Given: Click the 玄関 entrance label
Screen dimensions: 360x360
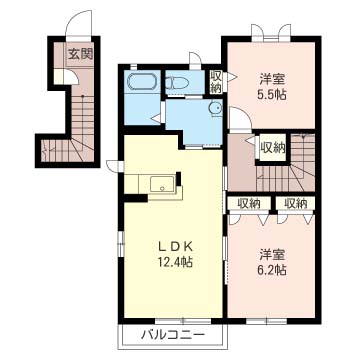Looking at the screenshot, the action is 80,53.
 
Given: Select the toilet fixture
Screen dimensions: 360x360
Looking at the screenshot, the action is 177,83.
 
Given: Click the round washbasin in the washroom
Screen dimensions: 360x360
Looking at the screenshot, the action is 215,108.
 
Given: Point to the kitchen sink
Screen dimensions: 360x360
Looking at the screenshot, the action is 162,184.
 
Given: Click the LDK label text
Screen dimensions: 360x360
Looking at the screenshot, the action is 175,247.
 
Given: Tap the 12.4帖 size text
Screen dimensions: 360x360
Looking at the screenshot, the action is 175,262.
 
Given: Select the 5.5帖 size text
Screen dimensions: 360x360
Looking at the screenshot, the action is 272,95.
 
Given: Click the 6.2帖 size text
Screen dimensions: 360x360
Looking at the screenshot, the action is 272,269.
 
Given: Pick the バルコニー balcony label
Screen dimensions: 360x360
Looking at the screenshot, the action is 172,334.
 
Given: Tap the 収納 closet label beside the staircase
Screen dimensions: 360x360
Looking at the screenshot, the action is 273,147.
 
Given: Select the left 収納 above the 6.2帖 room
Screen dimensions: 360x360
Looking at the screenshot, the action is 249,203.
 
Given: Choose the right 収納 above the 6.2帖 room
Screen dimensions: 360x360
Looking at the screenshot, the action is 296,203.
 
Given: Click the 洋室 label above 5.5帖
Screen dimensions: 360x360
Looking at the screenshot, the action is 272,80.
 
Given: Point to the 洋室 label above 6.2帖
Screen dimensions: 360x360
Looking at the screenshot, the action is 272,255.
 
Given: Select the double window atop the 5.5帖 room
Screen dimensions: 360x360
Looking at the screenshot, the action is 271,33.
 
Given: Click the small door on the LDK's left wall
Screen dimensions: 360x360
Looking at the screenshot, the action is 115,166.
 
